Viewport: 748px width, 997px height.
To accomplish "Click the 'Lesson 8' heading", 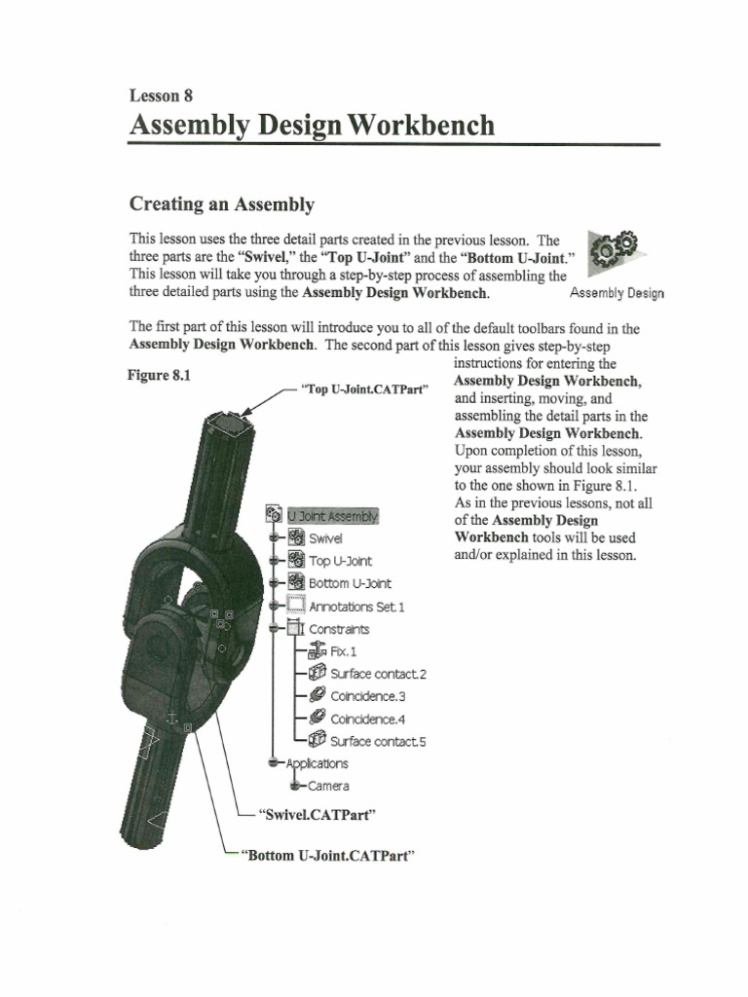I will pyautogui.click(x=161, y=95).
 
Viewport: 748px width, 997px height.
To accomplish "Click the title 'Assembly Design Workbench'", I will pyautogui.click(x=312, y=126).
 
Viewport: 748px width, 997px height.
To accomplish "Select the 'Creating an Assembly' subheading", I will pyautogui.click(x=222, y=204).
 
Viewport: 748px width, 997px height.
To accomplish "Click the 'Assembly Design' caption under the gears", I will pyautogui.click(x=617, y=292).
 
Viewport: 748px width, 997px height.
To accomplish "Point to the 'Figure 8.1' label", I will pyautogui.click(x=159, y=373).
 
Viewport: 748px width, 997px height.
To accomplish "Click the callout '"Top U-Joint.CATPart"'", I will pyautogui.click(x=366, y=389).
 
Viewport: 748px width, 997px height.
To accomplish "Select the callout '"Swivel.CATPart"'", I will pyautogui.click(x=318, y=812).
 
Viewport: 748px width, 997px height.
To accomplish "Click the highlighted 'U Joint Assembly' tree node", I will pyautogui.click(x=332, y=516).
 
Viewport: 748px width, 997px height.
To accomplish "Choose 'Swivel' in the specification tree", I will pyautogui.click(x=325, y=538).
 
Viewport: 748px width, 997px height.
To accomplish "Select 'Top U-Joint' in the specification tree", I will pyautogui.click(x=340, y=561).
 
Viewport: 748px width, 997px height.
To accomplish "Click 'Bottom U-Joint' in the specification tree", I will pyautogui.click(x=350, y=583).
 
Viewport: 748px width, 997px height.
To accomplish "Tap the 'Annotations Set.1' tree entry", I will pyautogui.click(x=355, y=607).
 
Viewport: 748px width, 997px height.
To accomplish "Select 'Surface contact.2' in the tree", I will pyautogui.click(x=378, y=674).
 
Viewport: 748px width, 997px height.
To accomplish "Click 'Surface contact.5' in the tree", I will pyautogui.click(x=378, y=742).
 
